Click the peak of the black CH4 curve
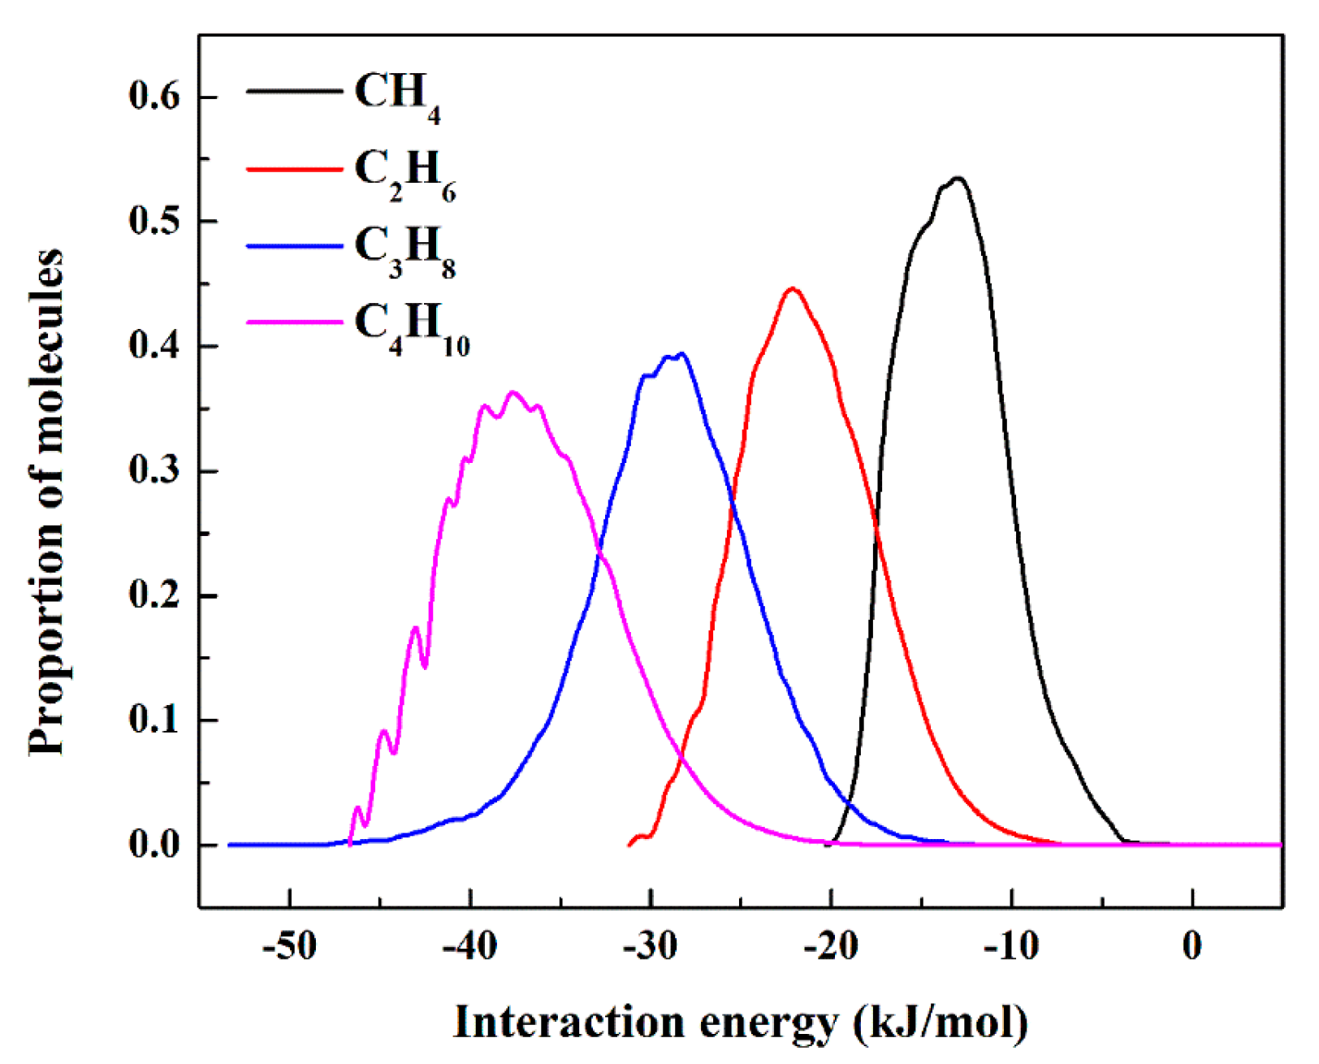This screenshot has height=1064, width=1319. pyautogui.click(x=958, y=178)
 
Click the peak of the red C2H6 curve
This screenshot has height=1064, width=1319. pyautogui.click(x=793, y=288)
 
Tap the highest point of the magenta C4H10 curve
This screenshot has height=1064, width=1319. pyautogui.click(x=513, y=392)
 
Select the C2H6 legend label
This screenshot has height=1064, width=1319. pyautogui.click(x=404, y=173)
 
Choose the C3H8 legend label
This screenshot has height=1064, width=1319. pyautogui.click(x=404, y=249)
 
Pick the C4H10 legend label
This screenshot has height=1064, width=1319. pyautogui.click(x=412, y=327)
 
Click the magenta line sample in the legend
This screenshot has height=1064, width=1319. pyautogui.click(x=294, y=322)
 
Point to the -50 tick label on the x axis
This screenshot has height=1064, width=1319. pyautogui.click(x=290, y=946)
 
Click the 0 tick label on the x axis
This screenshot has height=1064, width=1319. pyautogui.click(x=1191, y=946)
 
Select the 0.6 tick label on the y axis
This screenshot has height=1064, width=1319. pyautogui.click(x=154, y=97)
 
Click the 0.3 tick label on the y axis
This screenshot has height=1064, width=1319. pyautogui.click(x=154, y=471)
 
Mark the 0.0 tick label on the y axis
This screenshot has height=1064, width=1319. pyautogui.click(x=154, y=846)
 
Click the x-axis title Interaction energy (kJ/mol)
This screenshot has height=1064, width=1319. pyautogui.click(x=740, y=1023)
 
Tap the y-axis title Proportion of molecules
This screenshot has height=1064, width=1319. pyautogui.click(x=46, y=502)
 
